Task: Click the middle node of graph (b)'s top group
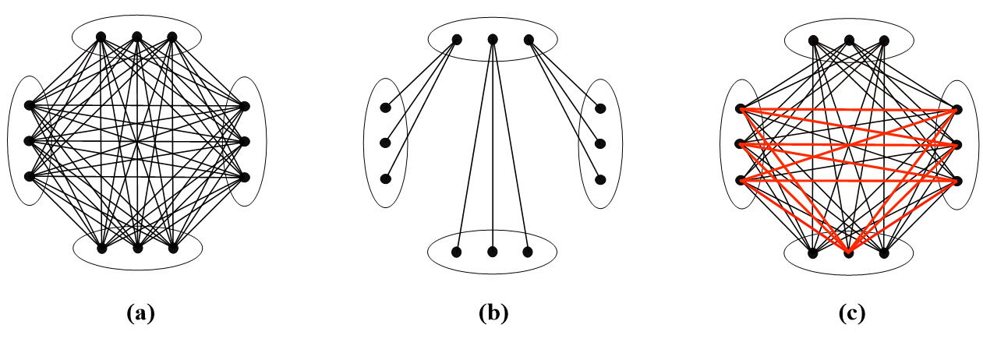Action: (x=493, y=40)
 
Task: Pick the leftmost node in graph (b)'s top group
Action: (x=457, y=40)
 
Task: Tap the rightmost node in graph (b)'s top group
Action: (x=529, y=40)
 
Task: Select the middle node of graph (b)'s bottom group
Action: (x=493, y=252)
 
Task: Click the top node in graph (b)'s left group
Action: (x=385, y=108)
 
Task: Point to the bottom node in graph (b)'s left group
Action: (x=385, y=178)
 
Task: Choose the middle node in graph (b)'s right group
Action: (x=600, y=143)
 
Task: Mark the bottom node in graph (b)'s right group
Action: (x=600, y=179)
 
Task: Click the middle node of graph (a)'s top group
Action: (x=136, y=37)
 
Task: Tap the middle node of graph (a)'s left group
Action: (x=30, y=141)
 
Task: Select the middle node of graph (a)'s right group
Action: (x=245, y=141)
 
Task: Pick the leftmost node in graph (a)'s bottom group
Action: (x=101, y=249)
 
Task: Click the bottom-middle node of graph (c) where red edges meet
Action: (x=849, y=253)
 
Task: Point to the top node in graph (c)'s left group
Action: (x=741, y=109)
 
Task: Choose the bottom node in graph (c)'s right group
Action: (x=957, y=181)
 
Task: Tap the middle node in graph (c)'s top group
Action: (x=849, y=40)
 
